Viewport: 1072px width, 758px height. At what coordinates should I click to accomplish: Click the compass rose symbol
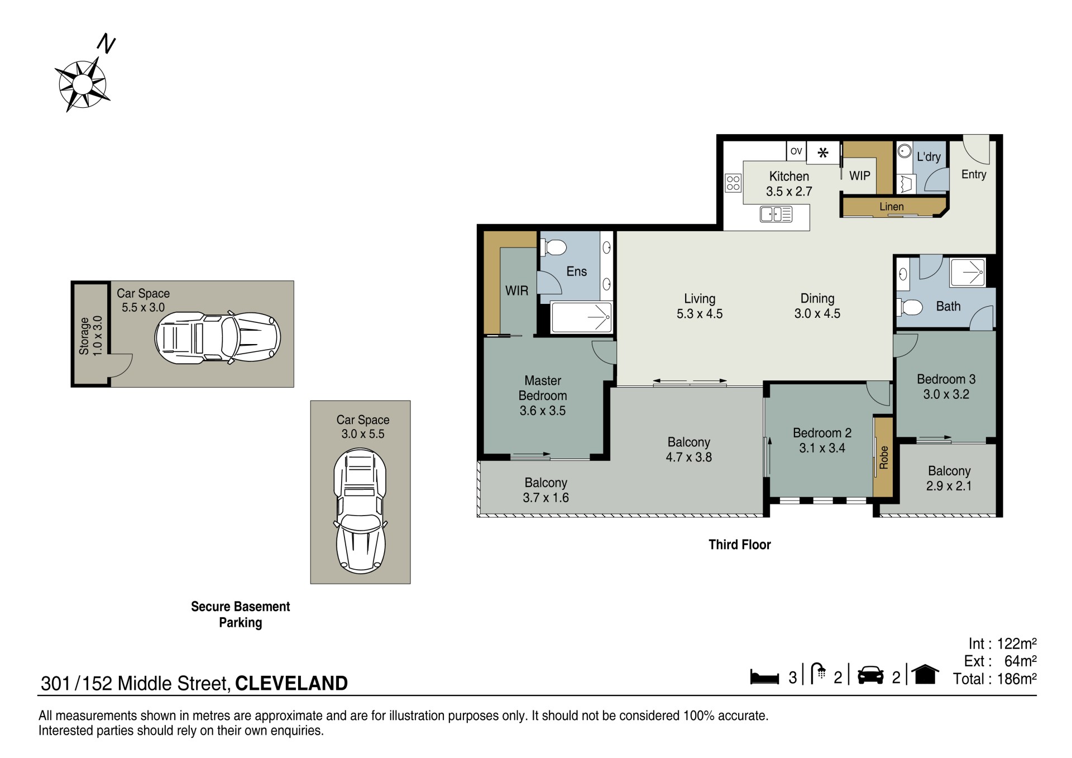click(82, 84)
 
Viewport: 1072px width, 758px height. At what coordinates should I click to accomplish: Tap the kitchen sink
click(776, 214)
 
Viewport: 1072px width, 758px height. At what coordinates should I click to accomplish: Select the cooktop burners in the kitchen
click(733, 182)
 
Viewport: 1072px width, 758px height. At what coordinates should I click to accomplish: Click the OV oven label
click(796, 151)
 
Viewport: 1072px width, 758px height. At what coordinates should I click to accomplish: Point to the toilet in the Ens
click(554, 246)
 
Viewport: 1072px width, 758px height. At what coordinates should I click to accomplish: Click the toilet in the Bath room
click(910, 307)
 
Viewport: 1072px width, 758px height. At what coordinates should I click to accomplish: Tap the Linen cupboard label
click(891, 207)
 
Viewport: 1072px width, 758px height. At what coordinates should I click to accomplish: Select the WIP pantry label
click(860, 175)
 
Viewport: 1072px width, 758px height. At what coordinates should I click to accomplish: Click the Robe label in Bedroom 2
click(883, 457)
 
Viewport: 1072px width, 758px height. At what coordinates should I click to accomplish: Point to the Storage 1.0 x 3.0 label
click(90, 336)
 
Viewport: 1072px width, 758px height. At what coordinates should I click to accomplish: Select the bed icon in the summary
click(764, 676)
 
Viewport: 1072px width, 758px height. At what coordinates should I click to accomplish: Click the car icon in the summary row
click(870, 675)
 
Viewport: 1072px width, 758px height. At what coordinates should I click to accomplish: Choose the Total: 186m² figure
click(994, 679)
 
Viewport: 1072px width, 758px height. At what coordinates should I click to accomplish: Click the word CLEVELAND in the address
click(291, 683)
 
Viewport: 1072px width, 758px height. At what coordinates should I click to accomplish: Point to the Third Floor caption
click(740, 545)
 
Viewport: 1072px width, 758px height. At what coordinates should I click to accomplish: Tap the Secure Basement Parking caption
click(241, 614)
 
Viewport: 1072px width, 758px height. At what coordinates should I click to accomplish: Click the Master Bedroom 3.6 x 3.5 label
click(543, 395)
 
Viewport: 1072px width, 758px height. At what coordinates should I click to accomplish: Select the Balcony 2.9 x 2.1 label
click(949, 478)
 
